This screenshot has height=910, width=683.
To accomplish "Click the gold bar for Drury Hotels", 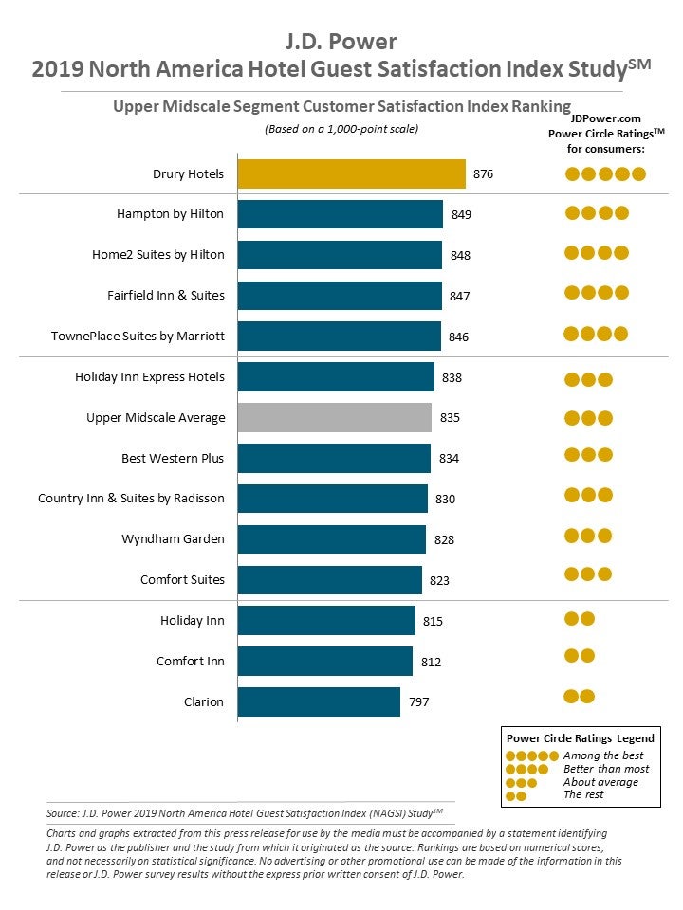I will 351,174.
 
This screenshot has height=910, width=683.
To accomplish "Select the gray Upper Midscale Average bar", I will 334,417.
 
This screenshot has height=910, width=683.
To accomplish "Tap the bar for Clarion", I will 319,702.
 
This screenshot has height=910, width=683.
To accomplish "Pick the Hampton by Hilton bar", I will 340,214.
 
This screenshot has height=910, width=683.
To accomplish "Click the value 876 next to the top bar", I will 483,174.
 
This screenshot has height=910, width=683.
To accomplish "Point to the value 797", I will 417,702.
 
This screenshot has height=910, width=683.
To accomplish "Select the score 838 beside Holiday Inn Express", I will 452,377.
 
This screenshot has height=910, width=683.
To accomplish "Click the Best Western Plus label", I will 173,458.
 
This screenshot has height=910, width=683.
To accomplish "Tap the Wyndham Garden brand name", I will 173,539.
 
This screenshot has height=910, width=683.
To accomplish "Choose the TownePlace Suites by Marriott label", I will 138,337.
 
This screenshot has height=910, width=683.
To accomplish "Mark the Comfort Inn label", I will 191,661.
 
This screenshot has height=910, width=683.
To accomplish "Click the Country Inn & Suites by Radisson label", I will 131,499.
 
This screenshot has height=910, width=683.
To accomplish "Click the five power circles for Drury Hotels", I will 605,173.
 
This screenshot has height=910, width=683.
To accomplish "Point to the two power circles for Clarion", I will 580,697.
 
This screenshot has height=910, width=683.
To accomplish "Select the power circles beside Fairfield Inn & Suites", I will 597,293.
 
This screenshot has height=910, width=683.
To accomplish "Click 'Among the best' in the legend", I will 603,755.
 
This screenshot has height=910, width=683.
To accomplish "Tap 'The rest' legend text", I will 583,795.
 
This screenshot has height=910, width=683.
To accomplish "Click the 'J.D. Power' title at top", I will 341,42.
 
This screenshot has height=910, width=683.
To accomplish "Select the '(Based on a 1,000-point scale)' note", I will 341,129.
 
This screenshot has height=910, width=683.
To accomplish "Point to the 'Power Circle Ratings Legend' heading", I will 581,738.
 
